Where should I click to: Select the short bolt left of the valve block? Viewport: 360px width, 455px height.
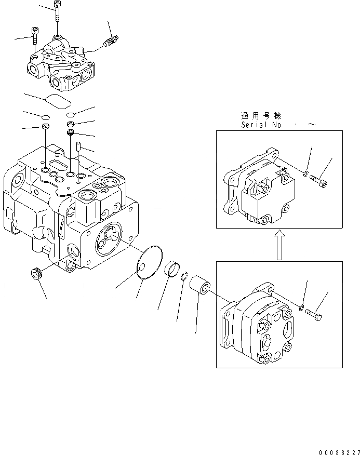(35, 37)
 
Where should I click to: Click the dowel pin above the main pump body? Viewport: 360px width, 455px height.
(78, 149)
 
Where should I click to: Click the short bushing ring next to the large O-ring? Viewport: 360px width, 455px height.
(172, 270)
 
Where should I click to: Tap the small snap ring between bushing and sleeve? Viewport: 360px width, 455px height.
(184, 279)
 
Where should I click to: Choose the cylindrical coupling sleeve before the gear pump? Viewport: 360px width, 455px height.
(200, 286)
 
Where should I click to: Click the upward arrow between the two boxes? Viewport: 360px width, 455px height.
(279, 245)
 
